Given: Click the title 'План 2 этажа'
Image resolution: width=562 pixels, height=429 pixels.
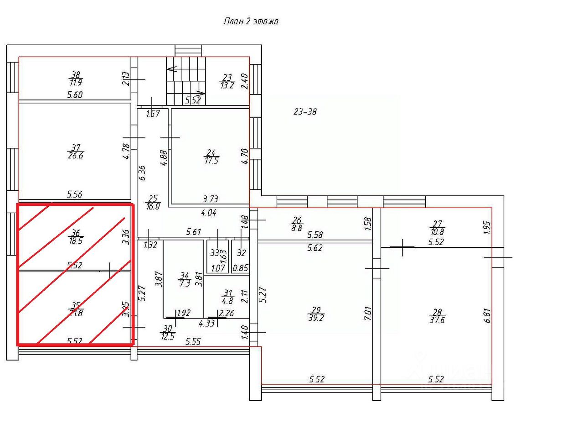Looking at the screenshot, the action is (251, 21).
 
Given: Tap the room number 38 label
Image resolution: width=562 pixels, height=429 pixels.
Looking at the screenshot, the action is (76, 74).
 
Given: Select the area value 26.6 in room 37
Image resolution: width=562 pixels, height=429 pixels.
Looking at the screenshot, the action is (76, 156).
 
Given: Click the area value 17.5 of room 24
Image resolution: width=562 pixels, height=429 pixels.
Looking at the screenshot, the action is (211, 161).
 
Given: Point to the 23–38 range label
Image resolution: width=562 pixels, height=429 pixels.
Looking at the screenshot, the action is (305, 111).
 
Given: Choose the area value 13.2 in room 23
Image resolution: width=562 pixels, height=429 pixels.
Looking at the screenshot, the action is (227, 85).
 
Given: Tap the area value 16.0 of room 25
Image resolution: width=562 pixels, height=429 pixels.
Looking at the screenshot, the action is (152, 206).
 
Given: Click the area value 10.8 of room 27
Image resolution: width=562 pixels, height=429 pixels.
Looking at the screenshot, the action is (437, 231).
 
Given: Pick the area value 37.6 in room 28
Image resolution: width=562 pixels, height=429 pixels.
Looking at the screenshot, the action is (437, 320).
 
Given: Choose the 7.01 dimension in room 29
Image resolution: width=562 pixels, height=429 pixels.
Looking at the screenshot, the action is (368, 314).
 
